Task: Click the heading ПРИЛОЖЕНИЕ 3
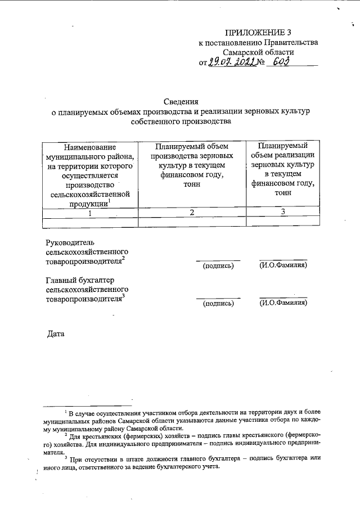click(x=259, y=32)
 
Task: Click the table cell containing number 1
click(x=91, y=213)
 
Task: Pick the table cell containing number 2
click(x=192, y=213)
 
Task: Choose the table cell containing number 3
click(x=283, y=212)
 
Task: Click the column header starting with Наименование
click(x=91, y=147)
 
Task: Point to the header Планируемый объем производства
click(x=192, y=147)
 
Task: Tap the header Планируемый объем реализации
click(x=283, y=147)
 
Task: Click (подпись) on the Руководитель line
click(x=218, y=265)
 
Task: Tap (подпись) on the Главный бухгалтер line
click(x=218, y=303)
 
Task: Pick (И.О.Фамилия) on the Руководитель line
click(x=283, y=265)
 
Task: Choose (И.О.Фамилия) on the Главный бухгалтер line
click(x=283, y=303)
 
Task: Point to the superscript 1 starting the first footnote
click(x=66, y=412)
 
